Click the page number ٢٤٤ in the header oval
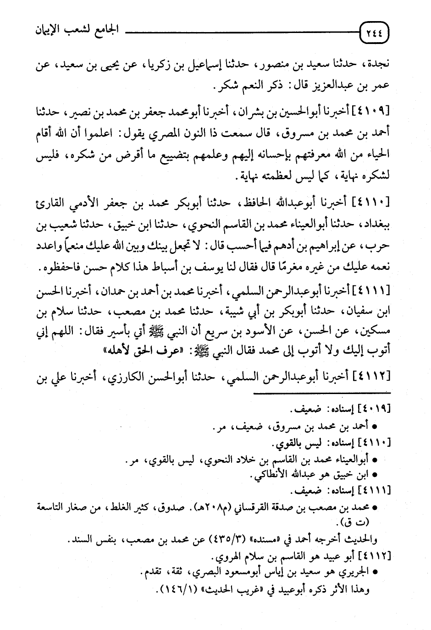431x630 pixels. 375,33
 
